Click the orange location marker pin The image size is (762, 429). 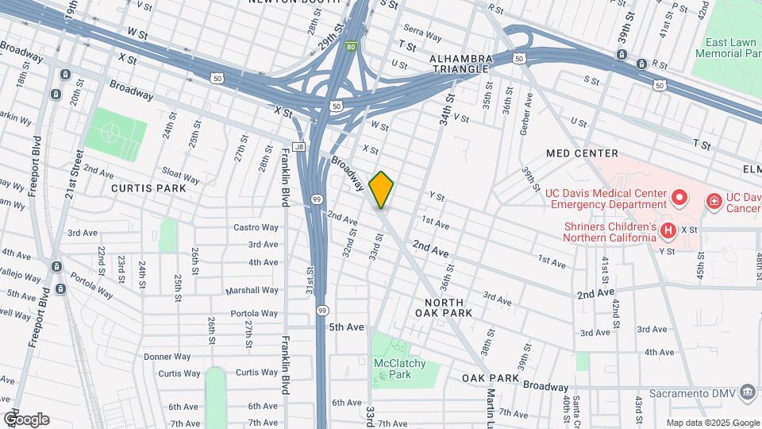(382, 189)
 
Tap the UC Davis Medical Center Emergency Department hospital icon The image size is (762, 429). (679, 196)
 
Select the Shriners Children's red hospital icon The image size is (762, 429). (668, 231)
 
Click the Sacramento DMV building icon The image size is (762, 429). (746, 392)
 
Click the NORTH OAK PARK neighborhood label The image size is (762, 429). (448, 307)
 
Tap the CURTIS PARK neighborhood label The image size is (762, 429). (148, 188)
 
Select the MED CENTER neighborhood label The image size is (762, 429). (582, 153)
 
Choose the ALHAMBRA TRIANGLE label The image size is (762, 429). (459, 64)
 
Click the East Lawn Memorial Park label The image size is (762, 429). (728, 48)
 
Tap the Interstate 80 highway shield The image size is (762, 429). (350, 46)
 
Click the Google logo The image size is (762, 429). (26, 419)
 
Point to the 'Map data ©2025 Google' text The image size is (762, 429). (712, 423)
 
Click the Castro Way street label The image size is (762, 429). (256, 227)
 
